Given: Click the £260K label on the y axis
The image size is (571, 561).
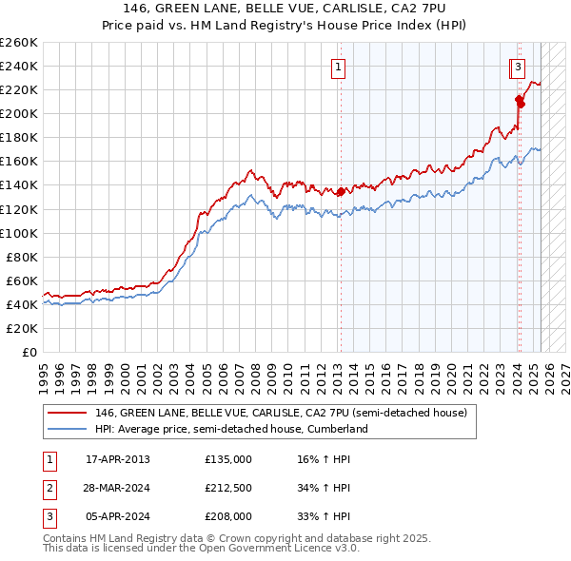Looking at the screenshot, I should pos(19,42).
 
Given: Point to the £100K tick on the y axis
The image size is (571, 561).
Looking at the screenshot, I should pos(19,233).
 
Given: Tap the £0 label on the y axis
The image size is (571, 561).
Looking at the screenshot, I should pos(29,352).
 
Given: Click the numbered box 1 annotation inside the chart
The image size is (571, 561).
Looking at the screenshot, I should pos(339,67).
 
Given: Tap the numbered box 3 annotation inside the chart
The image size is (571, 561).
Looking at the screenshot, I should pos(517,67).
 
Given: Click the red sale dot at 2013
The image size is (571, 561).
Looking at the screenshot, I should pos(341,191).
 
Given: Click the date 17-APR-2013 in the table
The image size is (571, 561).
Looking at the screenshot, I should pos(118,459).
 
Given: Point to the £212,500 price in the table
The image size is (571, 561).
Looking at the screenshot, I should pos(228,488).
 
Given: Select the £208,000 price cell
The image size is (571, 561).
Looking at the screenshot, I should pos(228,516).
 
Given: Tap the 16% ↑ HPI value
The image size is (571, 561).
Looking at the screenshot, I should pos(324,459).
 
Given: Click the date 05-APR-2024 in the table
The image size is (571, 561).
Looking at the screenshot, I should pos(118,516).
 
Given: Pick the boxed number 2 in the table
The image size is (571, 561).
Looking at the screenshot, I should pos(49,488).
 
